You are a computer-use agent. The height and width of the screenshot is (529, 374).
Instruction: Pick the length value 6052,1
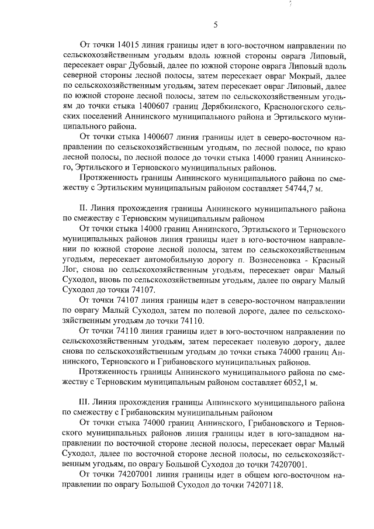point(299,383)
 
